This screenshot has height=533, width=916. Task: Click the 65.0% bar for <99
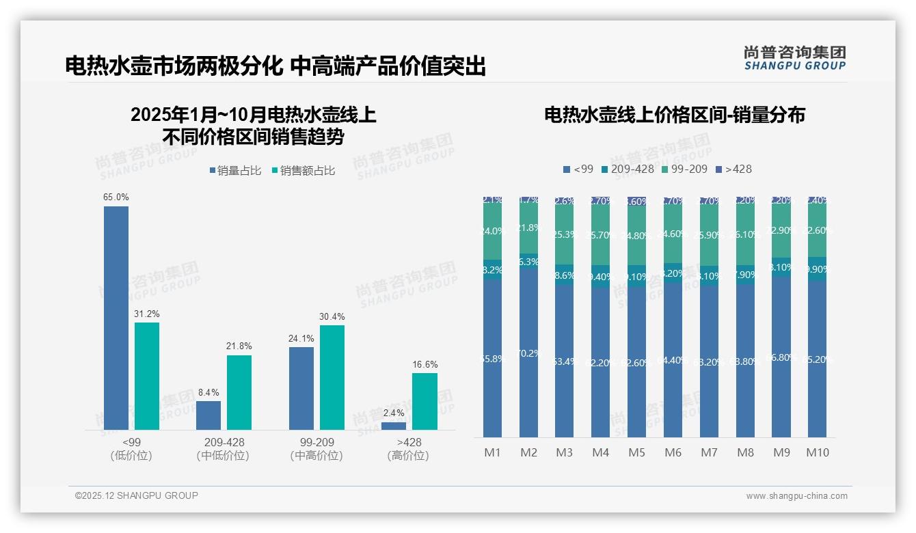[x=116, y=318]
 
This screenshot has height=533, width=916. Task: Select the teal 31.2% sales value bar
[x=147, y=376]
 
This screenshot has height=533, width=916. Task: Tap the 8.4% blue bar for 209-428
[x=208, y=415]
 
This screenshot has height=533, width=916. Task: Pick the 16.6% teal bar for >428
[x=425, y=401]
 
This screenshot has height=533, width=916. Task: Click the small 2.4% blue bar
[x=394, y=426]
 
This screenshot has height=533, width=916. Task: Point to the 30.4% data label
[x=332, y=317]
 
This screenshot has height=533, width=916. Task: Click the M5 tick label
[x=636, y=452]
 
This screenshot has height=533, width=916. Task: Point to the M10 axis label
[x=818, y=452]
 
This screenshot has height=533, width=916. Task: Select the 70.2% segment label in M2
[x=529, y=353]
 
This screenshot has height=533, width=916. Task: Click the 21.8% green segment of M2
[x=529, y=228]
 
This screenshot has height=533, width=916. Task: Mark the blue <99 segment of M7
[x=709, y=361]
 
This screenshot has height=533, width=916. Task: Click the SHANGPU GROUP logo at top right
[x=794, y=58]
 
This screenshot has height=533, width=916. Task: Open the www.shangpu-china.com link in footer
[x=796, y=496]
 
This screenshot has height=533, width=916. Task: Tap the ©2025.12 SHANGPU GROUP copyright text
[x=137, y=495]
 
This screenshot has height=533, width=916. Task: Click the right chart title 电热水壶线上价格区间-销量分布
[x=674, y=115]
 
